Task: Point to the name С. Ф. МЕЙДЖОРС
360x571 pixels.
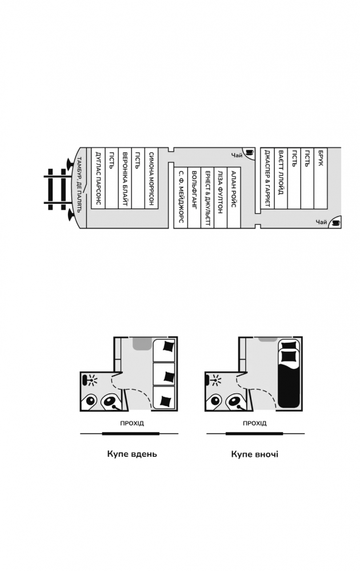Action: coord(181,196)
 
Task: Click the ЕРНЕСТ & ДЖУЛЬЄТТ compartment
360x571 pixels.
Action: coord(208,196)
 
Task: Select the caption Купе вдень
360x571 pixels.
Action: coord(131,455)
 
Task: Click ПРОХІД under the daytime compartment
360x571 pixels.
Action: coord(132,424)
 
